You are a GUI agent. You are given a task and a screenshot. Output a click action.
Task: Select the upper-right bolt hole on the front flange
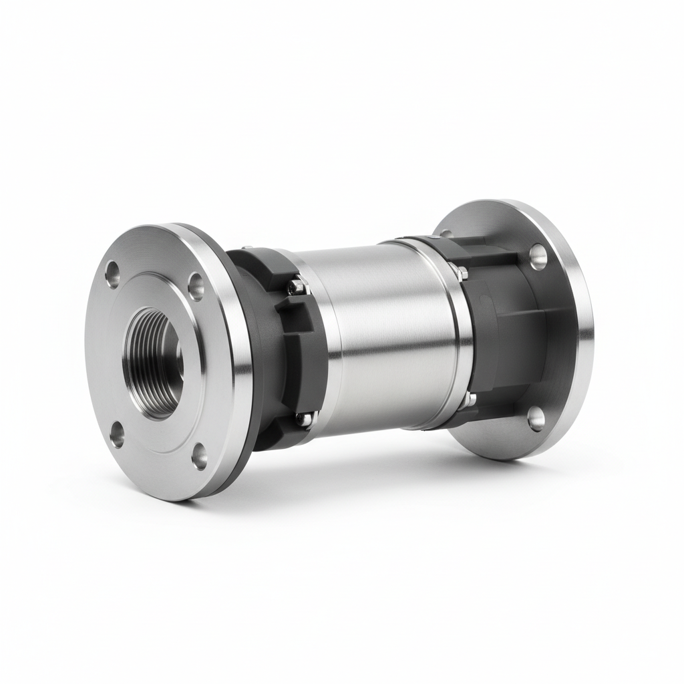point(196,286)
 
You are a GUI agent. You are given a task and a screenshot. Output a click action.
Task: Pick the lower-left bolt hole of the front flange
point(117,435)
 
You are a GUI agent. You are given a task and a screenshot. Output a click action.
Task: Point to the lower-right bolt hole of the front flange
point(200,457)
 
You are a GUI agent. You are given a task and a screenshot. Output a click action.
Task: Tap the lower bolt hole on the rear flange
point(536,418)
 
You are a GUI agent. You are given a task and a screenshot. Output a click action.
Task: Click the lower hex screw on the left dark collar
point(304,419)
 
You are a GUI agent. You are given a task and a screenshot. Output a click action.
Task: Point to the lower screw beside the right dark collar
point(470,399)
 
